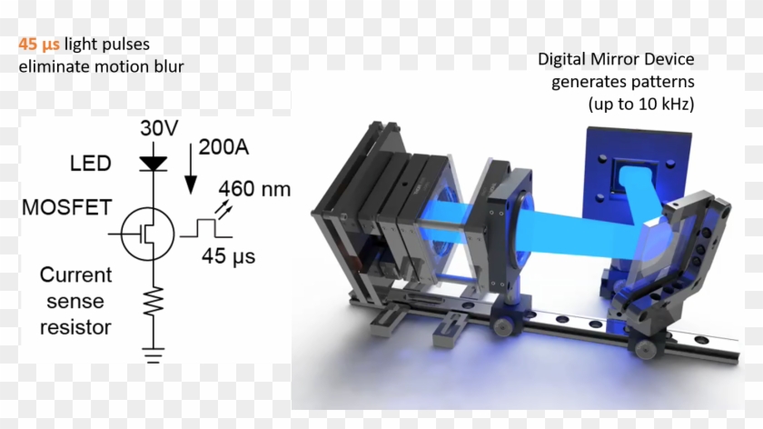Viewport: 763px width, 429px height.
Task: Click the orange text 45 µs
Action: [39, 45]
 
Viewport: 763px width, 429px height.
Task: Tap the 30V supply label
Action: [159, 128]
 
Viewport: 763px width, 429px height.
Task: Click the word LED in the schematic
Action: [91, 163]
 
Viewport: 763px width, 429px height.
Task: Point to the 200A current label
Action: [223, 147]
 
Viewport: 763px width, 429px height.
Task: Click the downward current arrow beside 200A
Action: [191, 169]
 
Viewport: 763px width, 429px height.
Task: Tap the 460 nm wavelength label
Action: [254, 189]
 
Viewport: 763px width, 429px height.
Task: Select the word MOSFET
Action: [67, 207]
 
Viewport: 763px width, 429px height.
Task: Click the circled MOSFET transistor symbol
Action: [147, 234]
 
